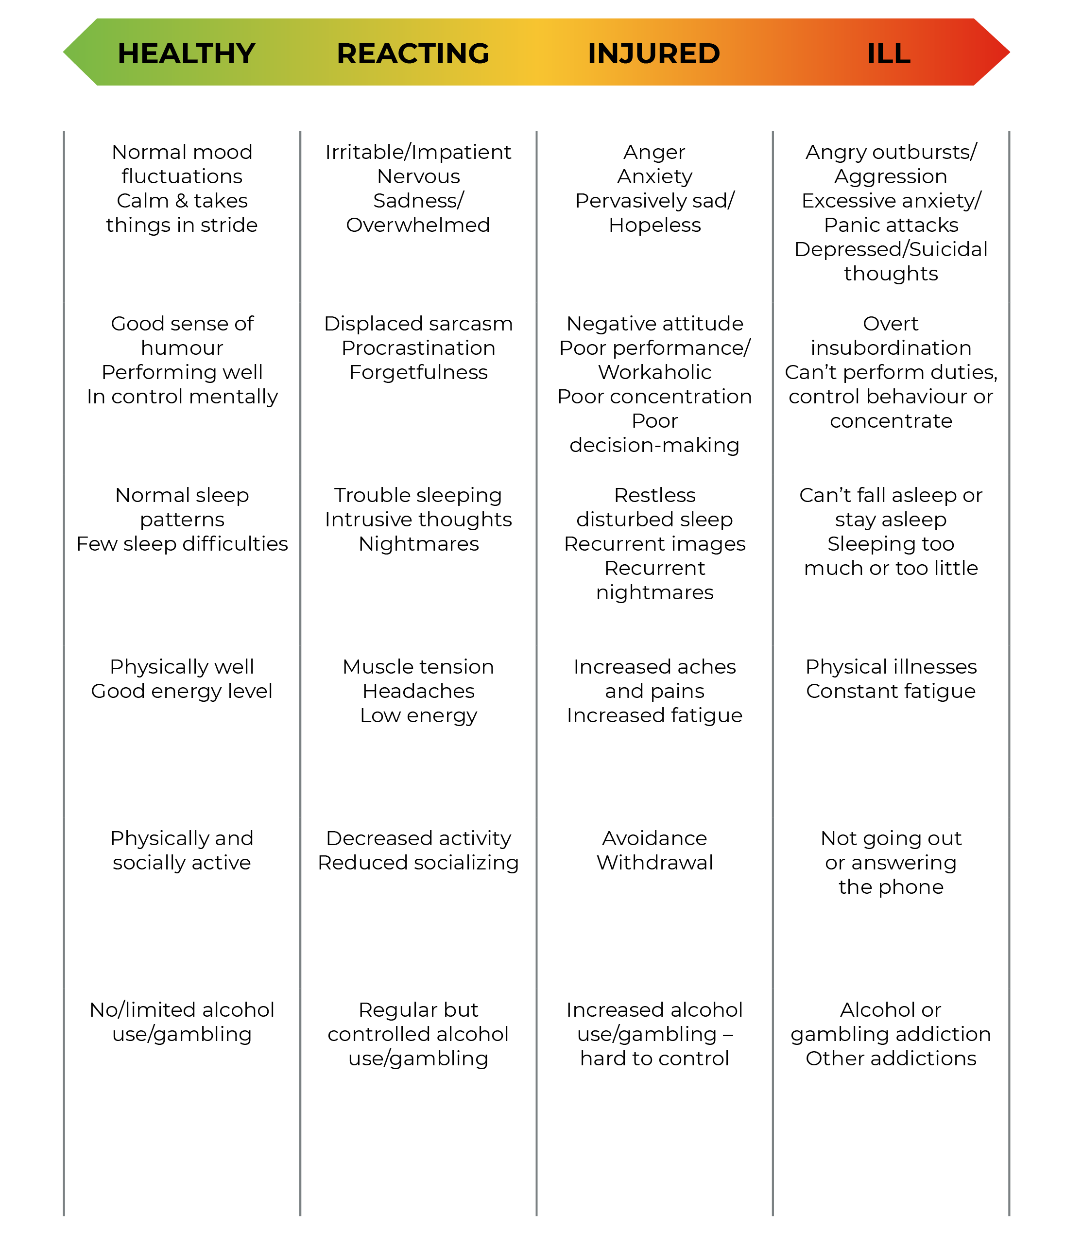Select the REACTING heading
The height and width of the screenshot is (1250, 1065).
[x=412, y=53]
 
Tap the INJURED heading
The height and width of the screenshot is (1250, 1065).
[x=653, y=53]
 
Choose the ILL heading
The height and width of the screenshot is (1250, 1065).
[x=888, y=53]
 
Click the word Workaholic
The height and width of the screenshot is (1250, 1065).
[x=654, y=372]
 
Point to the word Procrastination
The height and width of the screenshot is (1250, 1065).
[x=418, y=348]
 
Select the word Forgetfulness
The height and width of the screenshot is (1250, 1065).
[x=418, y=372]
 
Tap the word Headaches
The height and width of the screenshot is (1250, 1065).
[x=418, y=691]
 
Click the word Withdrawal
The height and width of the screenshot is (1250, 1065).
[x=654, y=863]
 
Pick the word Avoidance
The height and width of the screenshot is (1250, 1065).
[x=654, y=838]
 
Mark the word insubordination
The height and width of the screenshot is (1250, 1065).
[x=891, y=348]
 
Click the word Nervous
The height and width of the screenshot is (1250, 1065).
[x=418, y=176]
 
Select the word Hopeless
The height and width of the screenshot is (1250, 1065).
[x=654, y=225]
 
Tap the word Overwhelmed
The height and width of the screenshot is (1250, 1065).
[x=418, y=225]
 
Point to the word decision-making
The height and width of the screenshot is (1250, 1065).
[x=654, y=445]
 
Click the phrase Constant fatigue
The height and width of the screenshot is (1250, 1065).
[x=891, y=691]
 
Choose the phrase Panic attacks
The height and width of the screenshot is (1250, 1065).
[x=891, y=225]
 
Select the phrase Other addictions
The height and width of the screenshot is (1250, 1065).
[x=891, y=1058]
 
